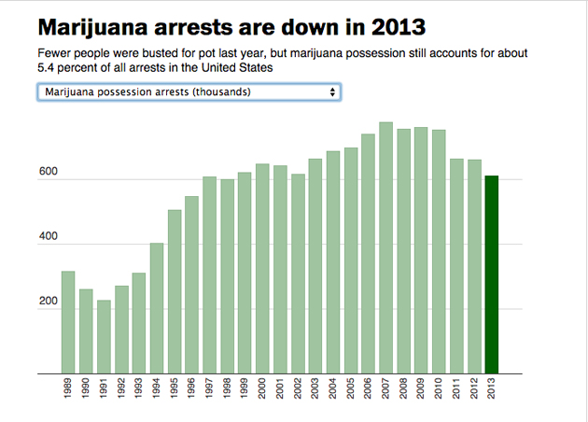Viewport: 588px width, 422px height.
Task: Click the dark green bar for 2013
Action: tap(492, 274)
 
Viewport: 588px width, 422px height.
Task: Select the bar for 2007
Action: tap(385, 247)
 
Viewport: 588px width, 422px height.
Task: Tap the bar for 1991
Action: tap(104, 336)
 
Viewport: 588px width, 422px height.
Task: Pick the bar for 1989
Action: tap(68, 322)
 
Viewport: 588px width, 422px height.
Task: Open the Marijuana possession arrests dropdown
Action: tap(188, 92)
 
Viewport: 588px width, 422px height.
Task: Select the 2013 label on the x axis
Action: tap(493, 390)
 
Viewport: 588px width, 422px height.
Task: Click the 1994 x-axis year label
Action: tap(157, 390)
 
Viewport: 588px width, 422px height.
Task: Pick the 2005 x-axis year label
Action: tap(351, 390)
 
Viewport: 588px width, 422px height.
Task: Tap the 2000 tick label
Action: tap(263, 390)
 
